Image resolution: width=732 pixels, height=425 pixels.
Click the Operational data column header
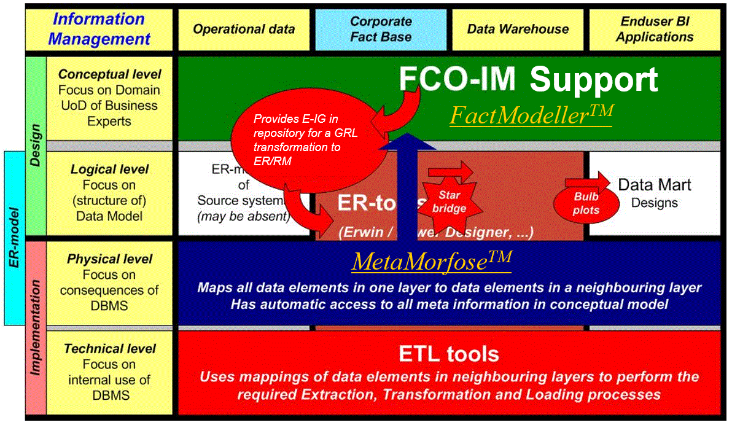pos(244,29)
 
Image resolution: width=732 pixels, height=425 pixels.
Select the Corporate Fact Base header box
pos(381,29)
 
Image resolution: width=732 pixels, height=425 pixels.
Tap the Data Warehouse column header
pos(518,29)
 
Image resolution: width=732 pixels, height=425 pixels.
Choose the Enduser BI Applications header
pos(655,29)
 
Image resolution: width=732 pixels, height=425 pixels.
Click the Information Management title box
pos(99,29)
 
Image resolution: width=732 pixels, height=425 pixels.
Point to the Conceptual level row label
pos(109,98)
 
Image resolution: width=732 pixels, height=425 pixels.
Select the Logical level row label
pos(109,192)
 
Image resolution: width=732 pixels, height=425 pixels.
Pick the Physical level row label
pos(109,282)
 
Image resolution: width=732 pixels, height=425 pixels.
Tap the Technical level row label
pos(109,372)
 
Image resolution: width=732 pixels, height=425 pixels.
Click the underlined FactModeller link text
pos(531,115)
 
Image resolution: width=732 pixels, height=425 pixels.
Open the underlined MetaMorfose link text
pos(431,262)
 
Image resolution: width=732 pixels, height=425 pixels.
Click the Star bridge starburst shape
pos(453,201)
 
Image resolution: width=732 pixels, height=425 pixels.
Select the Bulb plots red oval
pos(586,203)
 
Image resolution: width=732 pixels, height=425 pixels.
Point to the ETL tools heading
pos(448,354)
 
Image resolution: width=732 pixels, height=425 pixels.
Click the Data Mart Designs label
pos(654,193)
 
